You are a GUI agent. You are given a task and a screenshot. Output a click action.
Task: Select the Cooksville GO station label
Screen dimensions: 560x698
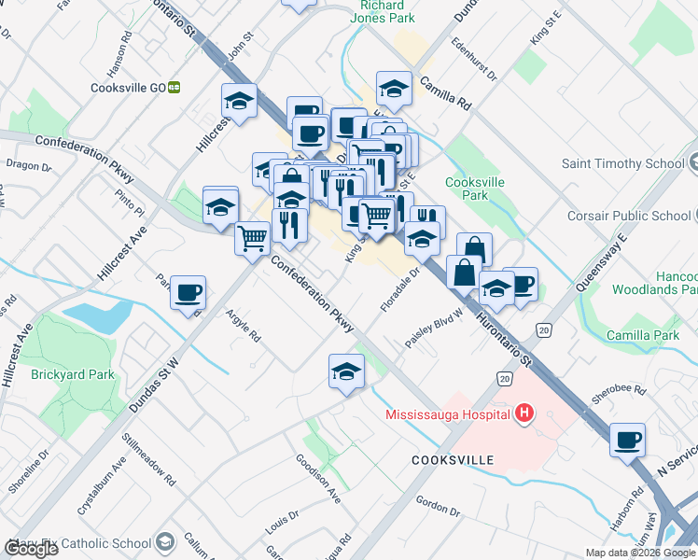click(129, 88)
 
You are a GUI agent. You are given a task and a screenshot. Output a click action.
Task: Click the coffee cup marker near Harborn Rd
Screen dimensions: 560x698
click(627, 440)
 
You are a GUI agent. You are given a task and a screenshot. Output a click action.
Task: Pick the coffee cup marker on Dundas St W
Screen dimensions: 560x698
click(188, 294)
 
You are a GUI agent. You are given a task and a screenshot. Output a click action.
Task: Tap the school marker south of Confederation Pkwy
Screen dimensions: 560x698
click(346, 371)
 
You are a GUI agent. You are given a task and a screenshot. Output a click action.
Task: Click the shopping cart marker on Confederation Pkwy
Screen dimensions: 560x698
click(252, 238)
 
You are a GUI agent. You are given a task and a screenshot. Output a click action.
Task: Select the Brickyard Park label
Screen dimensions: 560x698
click(72, 374)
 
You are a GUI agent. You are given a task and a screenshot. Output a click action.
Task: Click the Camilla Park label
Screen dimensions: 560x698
click(642, 335)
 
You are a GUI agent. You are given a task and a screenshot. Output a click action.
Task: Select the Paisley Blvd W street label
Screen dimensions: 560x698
click(434, 330)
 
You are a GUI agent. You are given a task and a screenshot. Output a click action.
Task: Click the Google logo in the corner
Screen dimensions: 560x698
click(31, 549)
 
